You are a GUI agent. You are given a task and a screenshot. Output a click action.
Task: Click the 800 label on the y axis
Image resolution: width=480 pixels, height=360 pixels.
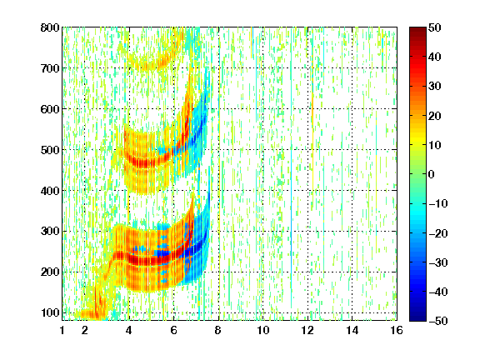click(50, 27)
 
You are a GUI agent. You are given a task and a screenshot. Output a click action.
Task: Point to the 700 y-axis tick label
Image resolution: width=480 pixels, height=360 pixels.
click(50, 68)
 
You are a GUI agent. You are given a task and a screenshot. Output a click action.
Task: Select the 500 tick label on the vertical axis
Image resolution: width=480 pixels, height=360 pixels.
click(50, 150)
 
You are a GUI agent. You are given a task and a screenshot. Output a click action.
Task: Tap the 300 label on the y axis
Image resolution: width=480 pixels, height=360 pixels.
click(50, 232)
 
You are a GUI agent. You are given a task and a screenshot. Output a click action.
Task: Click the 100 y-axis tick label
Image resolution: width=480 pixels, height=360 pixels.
click(50, 312)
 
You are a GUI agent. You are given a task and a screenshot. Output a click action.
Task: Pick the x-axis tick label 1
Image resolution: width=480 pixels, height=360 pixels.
click(62, 330)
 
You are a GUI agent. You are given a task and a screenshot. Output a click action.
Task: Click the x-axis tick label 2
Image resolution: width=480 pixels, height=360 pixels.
click(85, 330)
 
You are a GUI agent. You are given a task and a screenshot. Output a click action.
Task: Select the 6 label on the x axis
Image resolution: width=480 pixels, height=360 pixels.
click(174, 330)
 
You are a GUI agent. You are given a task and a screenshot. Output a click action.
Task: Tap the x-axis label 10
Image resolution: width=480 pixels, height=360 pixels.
click(263, 330)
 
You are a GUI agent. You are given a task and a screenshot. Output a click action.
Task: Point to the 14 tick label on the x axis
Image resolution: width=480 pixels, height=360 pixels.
click(352, 330)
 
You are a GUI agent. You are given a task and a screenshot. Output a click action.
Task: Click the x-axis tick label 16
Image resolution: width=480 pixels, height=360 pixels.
click(397, 330)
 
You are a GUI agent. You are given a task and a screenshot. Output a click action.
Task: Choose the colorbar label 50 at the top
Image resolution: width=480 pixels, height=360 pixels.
click(435, 27)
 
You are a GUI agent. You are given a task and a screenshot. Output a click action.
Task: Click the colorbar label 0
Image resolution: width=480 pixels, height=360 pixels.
click(432, 174)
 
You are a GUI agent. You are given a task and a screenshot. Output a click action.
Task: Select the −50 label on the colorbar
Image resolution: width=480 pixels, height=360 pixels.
click(438, 321)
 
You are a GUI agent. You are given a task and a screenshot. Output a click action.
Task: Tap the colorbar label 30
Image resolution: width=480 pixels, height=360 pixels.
click(435, 87)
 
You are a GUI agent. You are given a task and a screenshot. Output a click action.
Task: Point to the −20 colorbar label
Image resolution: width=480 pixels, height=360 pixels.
click(438, 233)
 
